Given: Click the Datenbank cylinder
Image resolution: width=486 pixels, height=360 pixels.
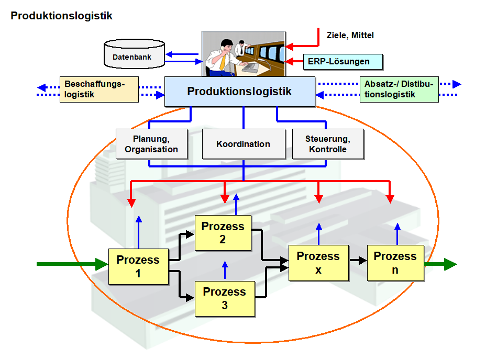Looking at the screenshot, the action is pos(134,53).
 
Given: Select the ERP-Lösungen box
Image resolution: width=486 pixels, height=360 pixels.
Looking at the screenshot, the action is pos(343,62).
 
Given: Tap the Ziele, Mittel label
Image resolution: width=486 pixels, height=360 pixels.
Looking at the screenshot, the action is pos(350,35).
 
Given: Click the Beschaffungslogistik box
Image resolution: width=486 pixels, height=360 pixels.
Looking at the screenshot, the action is pos(99,89).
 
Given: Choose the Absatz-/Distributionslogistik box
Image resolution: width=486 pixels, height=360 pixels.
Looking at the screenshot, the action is pos(399,89).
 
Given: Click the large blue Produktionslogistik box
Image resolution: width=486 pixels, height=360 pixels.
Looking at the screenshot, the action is pos(239,92).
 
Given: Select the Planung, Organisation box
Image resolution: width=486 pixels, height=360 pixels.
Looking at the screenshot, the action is pos(151,144).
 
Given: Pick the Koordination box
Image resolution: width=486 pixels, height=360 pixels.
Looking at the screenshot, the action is pos(244,144).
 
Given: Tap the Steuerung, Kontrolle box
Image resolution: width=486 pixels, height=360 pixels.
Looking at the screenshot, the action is pos(328,144).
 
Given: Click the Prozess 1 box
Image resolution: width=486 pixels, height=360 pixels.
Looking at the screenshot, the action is pos(139,266).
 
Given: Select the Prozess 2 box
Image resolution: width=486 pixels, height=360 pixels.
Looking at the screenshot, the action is pos(223,233).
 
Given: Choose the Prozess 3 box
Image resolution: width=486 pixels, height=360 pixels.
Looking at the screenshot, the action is pos(225,299).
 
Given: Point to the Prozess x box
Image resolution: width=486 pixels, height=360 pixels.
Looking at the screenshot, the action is pos(318,263).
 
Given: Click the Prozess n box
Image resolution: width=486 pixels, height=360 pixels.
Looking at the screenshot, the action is pos(395,263).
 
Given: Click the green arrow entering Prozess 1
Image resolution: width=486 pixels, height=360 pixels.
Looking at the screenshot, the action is pos(72,264).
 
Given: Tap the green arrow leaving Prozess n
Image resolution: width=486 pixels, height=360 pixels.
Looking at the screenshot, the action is pos(440,264).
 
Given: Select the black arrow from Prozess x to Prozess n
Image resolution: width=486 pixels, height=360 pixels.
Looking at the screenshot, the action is pos(358,260).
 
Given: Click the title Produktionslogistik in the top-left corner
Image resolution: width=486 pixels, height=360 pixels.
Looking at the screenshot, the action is pos(61,16).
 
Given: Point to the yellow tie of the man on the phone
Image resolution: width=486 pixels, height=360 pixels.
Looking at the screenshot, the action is pos(223,61).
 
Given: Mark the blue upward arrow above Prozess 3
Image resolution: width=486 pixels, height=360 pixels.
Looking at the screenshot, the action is pos(225,270).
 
